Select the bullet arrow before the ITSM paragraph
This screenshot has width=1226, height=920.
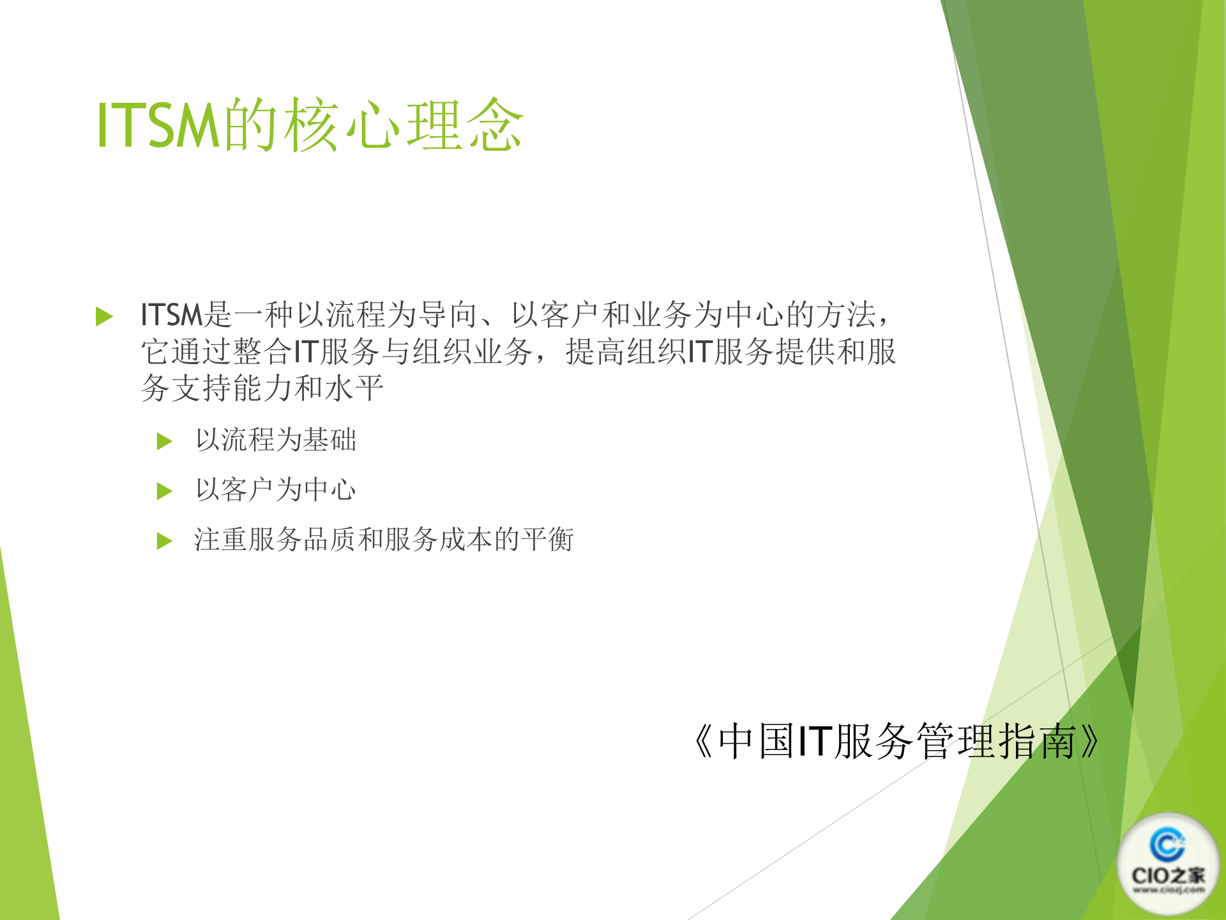pyautogui.click(x=104, y=316)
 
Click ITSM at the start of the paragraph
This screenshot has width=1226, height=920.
pyautogui.click(x=171, y=315)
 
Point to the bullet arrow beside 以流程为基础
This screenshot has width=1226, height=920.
pyautogui.click(x=165, y=441)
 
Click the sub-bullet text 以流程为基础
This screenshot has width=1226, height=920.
pyautogui.click(x=276, y=440)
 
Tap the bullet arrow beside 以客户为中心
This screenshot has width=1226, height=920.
pyautogui.click(x=165, y=491)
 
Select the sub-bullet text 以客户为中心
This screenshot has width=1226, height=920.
pyautogui.click(x=276, y=490)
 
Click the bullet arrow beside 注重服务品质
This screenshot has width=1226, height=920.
pyautogui.click(x=165, y=541)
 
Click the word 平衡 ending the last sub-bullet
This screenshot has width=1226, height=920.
pyautogui.click(x=547, y=540)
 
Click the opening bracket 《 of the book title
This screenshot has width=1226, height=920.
pyautogui.click(x=704, y=742)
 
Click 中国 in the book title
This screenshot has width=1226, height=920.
pyautogui.click(x=756, y=742)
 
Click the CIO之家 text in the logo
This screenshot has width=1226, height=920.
pyautogui.click(x=1168, y=875)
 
